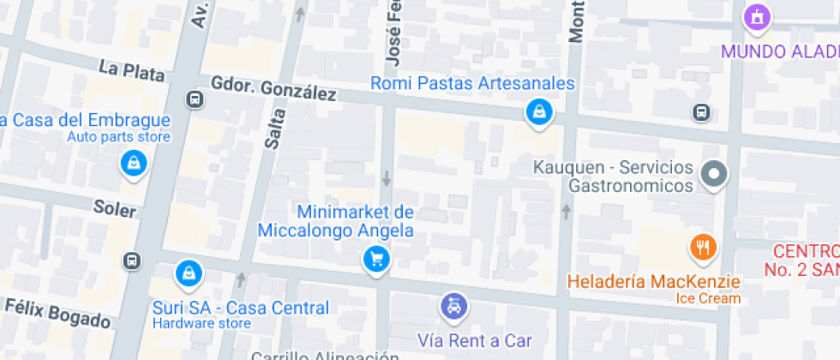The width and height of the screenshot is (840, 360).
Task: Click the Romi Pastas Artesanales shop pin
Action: coord(538,112)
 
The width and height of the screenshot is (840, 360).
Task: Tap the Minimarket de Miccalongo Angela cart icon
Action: coord(376,258)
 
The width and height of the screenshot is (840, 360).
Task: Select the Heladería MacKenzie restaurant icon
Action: coord(703,249)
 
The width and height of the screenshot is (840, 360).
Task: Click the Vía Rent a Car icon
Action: coord(453,306)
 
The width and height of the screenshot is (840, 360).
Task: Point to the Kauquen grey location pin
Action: coord(713,175)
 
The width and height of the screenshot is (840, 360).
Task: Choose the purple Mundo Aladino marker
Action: coord(758,17)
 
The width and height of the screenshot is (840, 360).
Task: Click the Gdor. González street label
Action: coord(273,88)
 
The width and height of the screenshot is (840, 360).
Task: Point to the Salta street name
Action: coord(274,129)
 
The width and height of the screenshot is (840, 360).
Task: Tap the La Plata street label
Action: coord(131,70)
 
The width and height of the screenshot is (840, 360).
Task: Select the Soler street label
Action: coord(115,208)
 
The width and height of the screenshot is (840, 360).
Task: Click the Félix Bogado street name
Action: coord(57,313)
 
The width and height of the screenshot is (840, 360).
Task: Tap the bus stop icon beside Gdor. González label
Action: coord(196,100)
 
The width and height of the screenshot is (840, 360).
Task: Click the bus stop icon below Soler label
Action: coord(132,261)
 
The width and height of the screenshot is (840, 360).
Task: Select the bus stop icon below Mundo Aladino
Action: coord(701,112)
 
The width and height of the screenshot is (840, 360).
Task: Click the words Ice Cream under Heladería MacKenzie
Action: coord(709,298)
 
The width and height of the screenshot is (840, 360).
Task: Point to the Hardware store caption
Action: coord(201,323)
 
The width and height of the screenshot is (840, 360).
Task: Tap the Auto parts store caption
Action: coord(119,137)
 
